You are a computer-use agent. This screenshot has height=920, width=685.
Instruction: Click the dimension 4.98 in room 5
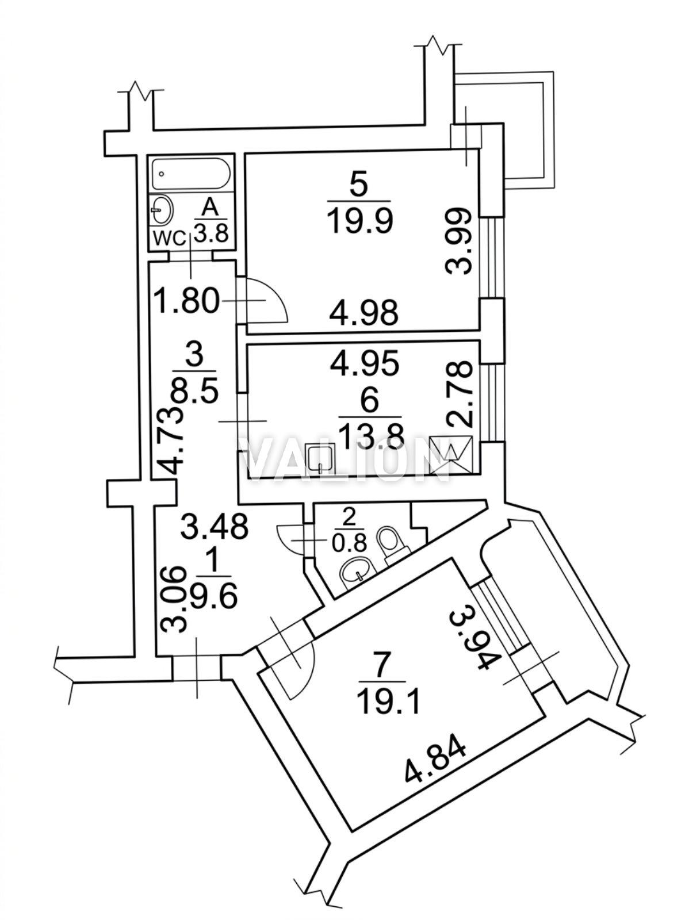(363, 314)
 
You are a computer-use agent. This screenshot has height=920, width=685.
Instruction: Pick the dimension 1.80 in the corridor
(187, 300)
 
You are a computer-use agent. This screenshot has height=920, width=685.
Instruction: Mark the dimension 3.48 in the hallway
(214, 526)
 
